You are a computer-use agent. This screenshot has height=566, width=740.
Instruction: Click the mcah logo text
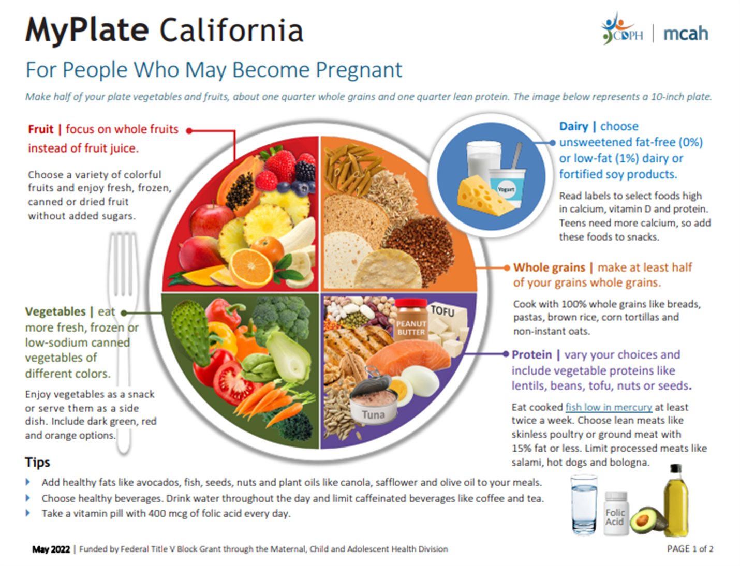coord(685,34)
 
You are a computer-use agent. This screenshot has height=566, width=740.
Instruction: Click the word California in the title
coord(231,30)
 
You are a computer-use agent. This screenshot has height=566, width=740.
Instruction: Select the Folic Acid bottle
coord(616,514)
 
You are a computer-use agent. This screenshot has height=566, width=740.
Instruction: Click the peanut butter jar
coord(411,321)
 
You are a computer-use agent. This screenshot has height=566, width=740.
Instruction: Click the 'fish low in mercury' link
coord(609,407)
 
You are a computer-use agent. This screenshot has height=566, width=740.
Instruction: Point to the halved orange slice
coord(251,267)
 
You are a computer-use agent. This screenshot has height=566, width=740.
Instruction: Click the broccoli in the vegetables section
coord(282,316)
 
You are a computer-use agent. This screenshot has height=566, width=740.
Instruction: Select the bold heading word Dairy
coord(573,126)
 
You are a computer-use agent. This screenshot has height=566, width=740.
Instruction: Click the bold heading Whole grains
coord(549,267)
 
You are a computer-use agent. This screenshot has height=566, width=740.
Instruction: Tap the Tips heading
coord(37,462)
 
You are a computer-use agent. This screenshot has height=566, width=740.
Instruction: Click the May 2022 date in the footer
coord(51,549)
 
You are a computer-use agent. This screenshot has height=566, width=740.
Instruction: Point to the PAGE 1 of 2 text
coord(690,548)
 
